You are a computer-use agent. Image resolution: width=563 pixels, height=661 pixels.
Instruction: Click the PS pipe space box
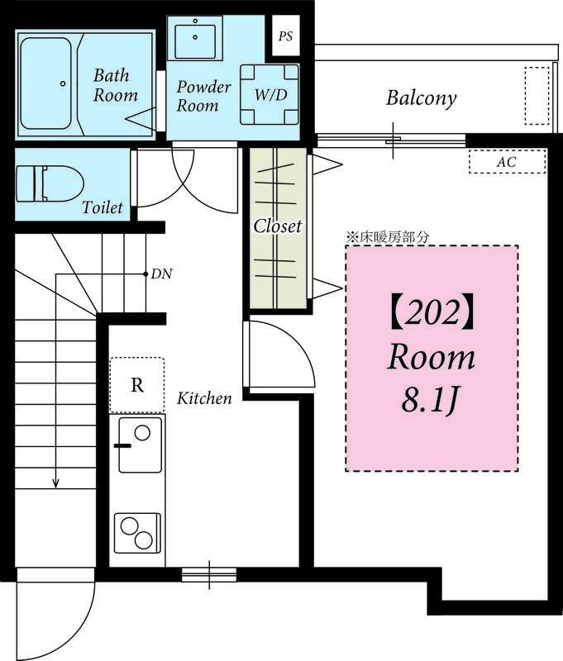(x=285, y=36)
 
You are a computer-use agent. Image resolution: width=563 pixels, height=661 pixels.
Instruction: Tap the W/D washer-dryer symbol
(x=270, y=94)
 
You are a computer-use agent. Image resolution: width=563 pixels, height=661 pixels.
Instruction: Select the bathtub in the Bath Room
(x=45, y=83)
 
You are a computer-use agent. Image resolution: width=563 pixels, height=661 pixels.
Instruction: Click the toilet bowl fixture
(x=50, y=183)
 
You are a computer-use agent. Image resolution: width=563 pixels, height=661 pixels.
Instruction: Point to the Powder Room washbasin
(x=195, y=38)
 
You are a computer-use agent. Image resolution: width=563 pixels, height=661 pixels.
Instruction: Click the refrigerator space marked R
(x=137, y=385)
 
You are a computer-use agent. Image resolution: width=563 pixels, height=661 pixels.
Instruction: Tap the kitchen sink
(x=140, y=445)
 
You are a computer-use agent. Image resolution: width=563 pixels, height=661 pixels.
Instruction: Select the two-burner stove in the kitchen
(x=137, y=533)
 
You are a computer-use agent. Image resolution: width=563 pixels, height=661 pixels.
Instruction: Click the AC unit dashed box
(x=508, y=161)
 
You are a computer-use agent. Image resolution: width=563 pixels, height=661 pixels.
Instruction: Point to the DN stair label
(x=162, y=274)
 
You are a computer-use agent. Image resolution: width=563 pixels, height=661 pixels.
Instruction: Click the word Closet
(x=278, y=226)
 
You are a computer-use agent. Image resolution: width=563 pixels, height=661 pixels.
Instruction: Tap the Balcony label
(x=422, y=97)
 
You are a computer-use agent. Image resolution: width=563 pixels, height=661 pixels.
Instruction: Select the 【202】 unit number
(x=432, y=314)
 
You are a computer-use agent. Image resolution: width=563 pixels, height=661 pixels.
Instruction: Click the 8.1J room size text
(x=429, y=400)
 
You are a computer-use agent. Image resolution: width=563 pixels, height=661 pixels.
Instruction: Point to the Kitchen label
(x=204, y=398)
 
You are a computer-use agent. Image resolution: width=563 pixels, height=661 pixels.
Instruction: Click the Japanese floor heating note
(x=387, y=237)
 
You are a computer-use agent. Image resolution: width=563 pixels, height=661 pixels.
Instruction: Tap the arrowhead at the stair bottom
(x=55, y=483)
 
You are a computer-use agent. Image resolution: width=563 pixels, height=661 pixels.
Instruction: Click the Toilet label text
(x=103, y=207)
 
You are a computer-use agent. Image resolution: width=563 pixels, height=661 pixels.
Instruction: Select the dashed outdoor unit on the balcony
(x=537, y=96)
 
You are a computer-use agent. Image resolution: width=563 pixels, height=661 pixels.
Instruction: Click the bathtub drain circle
(x=63, y=83)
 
